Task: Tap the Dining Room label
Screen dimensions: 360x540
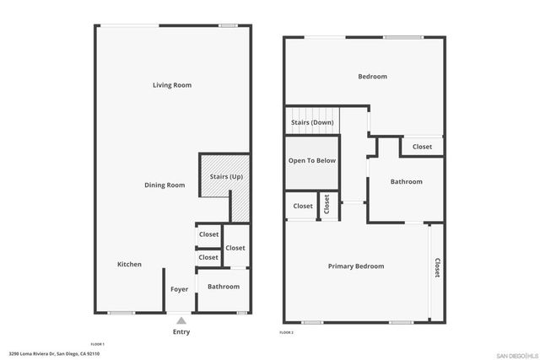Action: pyautogui.click(x=165, y=185)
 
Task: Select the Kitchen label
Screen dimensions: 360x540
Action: pyautogui.click(x=129, y=265)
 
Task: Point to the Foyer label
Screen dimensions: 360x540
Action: pyautogui.click(x=179, y=289)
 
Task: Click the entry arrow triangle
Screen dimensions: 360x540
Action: pyautogui.click(x=181, y=320)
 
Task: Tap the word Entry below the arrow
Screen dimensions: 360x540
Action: pyautogui.click(x=181, y=331)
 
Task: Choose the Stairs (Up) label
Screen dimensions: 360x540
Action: pyautogui.click(x=226, y=176)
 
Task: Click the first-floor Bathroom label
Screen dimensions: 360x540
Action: pyautogui.click(x=224, y=287)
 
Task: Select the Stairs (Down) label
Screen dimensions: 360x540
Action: pyautogui.click(x=312, y=123)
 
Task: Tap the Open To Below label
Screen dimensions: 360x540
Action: pyautogui.click(x=312, y=160)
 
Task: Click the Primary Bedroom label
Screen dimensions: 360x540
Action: pyautogui.click(x=356, y=266)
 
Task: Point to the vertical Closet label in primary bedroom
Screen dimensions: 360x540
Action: pyautogui.click(x=437, y=267)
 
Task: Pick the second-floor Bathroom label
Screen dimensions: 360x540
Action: pyautogui.click(x=406, y=181)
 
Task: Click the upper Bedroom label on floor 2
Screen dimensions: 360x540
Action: pyautogui.click(x=372, y=77)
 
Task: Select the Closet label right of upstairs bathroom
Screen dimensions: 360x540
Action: pyautogui.click(x=422, y=147)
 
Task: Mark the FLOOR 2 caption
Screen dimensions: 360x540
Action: pyautogui.click(x=287, y=333)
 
